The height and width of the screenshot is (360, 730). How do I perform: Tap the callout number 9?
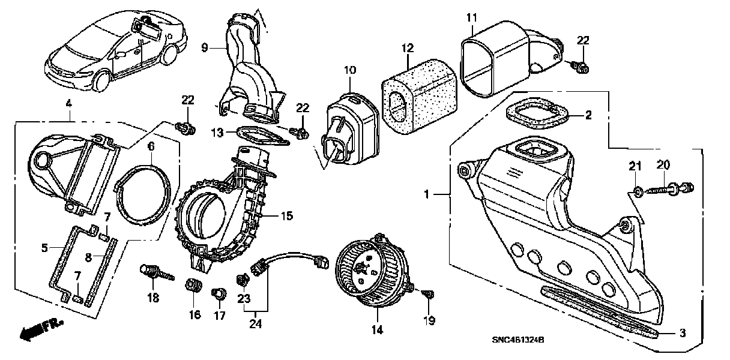[205, 47]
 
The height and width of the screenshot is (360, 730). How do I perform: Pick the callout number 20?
[663, 164]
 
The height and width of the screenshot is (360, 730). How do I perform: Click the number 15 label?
[287, 215]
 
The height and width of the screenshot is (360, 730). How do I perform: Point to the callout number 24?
[256, 325]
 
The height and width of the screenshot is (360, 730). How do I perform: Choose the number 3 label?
[683, 333]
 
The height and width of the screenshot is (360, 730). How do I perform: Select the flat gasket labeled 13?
[259, 137]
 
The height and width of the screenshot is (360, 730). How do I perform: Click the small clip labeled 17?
[219, 294]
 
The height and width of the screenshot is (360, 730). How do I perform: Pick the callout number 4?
[68, 104]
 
